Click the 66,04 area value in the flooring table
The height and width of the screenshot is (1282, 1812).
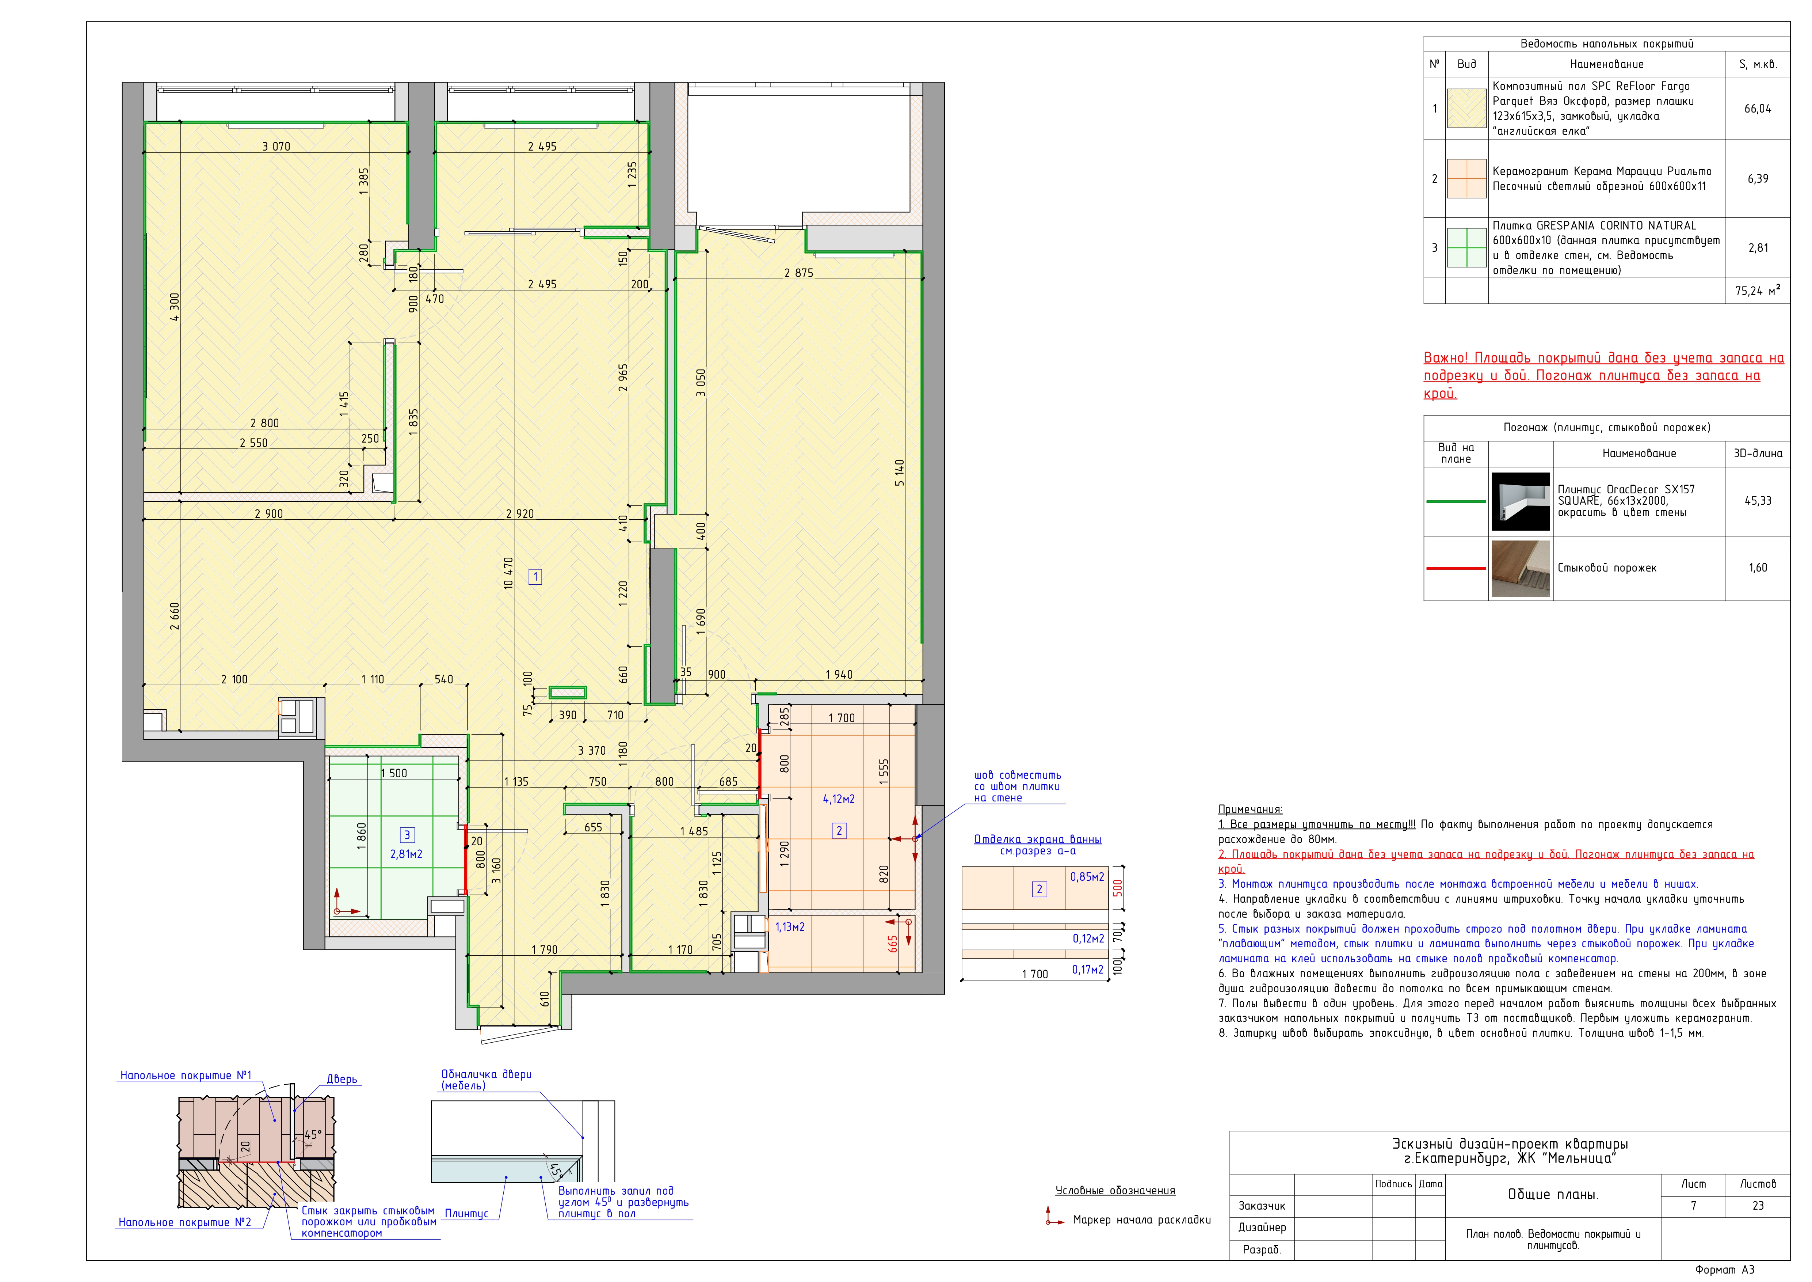(1758, 109)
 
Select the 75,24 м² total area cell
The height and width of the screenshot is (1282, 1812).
(1758, 291)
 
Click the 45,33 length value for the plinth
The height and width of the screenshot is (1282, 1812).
(1758, 501)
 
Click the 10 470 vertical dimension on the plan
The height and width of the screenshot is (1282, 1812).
(508, 573)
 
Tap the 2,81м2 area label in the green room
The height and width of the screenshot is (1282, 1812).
(407, 854)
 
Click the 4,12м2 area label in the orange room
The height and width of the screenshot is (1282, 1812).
(839, 799)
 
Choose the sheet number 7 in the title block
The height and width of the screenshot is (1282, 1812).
(1694, 1205)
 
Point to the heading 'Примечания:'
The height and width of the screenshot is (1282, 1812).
(1251, 809)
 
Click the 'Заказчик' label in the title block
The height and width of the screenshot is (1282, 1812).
(1262, 1205)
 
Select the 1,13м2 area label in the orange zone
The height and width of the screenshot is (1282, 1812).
(790, 927)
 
